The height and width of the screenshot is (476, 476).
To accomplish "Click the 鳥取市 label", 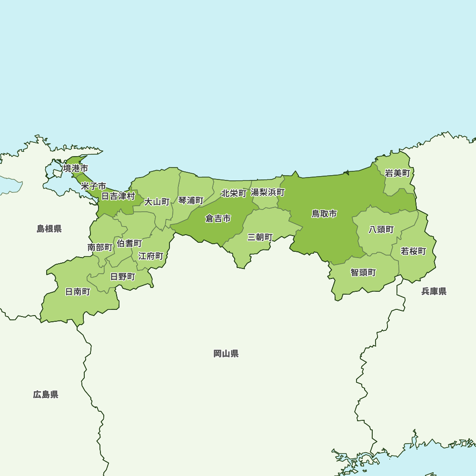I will coord(324,214).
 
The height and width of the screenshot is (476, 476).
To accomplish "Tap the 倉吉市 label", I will coord(218,218).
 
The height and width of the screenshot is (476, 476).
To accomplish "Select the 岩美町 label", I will coord(397,173).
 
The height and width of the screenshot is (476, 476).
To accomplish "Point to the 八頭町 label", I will coord(382,229).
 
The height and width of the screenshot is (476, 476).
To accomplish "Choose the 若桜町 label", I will coord(413,251).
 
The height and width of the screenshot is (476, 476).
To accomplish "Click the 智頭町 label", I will coord(363,272).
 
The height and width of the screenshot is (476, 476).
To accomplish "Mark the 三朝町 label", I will coord(260,237).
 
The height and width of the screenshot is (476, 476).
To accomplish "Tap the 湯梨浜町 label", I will coord(268,193).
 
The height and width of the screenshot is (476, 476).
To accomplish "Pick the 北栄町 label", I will coord(234,194).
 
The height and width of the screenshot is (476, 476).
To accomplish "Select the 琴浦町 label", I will coord(191,200).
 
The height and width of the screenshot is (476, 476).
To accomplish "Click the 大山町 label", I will coord(157,202).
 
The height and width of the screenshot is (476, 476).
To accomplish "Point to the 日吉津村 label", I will coord(118,196).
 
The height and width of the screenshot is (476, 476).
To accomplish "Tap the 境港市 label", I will coord(76,169).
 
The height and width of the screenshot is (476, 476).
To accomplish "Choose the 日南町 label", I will coord(78,292).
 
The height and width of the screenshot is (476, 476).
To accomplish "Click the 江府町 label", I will coord(151,256).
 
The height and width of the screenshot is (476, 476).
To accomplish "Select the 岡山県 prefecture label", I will coord(226,354).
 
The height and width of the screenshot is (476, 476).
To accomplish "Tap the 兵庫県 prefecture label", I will coord(434,291).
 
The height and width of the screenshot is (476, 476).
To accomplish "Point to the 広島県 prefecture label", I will coord(46,394).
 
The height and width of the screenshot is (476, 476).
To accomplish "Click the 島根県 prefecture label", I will coord(50,229).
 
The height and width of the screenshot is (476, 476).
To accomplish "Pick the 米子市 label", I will coord(93,186).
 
